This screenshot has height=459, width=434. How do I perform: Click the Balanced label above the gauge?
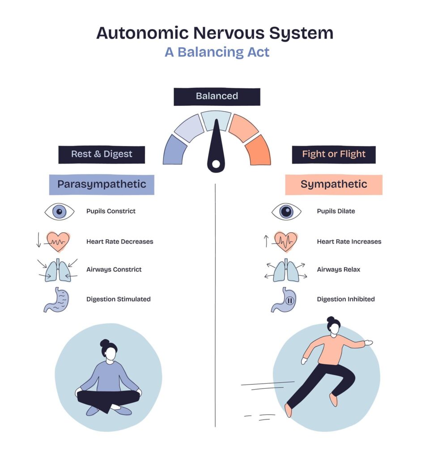(217, 96)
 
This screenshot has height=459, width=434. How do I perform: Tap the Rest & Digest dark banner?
(102, 154)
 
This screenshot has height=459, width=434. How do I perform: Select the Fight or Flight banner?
(333, 154)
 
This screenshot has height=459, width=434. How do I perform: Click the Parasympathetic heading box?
(102, 184)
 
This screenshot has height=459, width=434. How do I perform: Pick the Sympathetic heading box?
(333, 184)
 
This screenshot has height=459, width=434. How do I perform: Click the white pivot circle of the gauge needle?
(216, 164)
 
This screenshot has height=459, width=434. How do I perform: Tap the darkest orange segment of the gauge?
(258, 150)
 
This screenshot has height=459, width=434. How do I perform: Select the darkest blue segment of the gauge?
(175, 150)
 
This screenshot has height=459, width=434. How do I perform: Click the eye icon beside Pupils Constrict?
(59, 211)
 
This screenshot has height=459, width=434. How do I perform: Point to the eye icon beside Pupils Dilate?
(286, 211)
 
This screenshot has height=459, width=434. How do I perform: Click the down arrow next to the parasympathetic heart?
(38, 241)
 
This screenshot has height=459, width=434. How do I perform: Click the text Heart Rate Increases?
(349, 242)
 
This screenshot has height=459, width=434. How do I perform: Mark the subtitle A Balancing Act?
(217, 52)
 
